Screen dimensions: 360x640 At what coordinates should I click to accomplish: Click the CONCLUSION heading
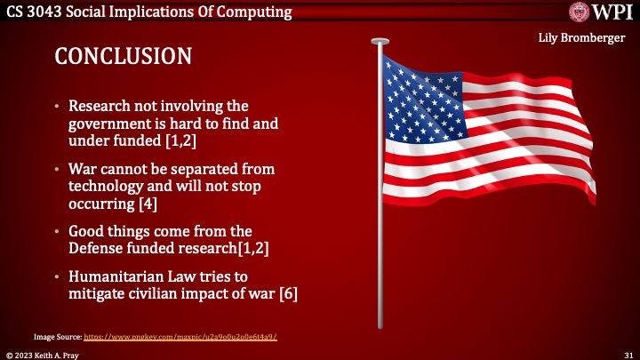(124, 56)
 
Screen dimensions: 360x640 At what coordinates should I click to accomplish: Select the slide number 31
(627, 354)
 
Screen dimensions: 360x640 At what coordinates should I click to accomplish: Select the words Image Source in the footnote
(57, 338)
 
